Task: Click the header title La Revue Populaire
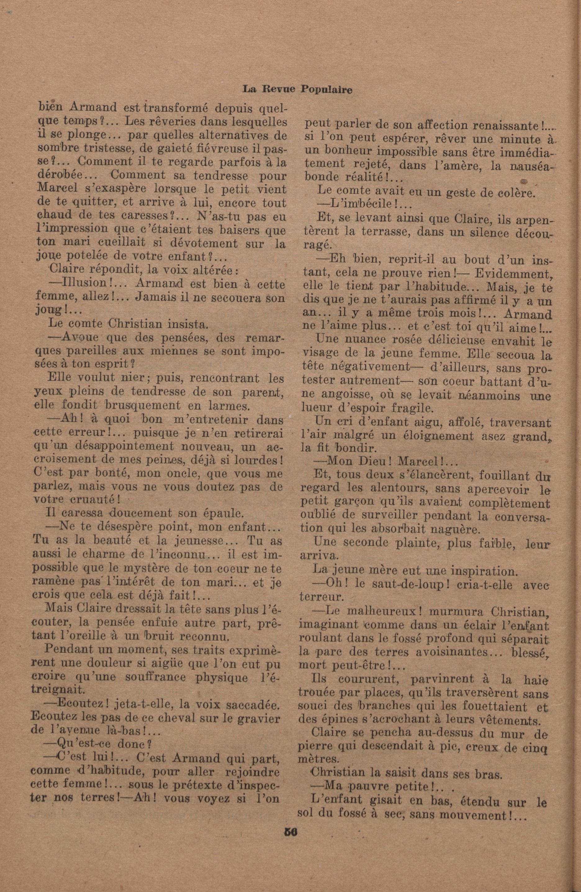297,90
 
